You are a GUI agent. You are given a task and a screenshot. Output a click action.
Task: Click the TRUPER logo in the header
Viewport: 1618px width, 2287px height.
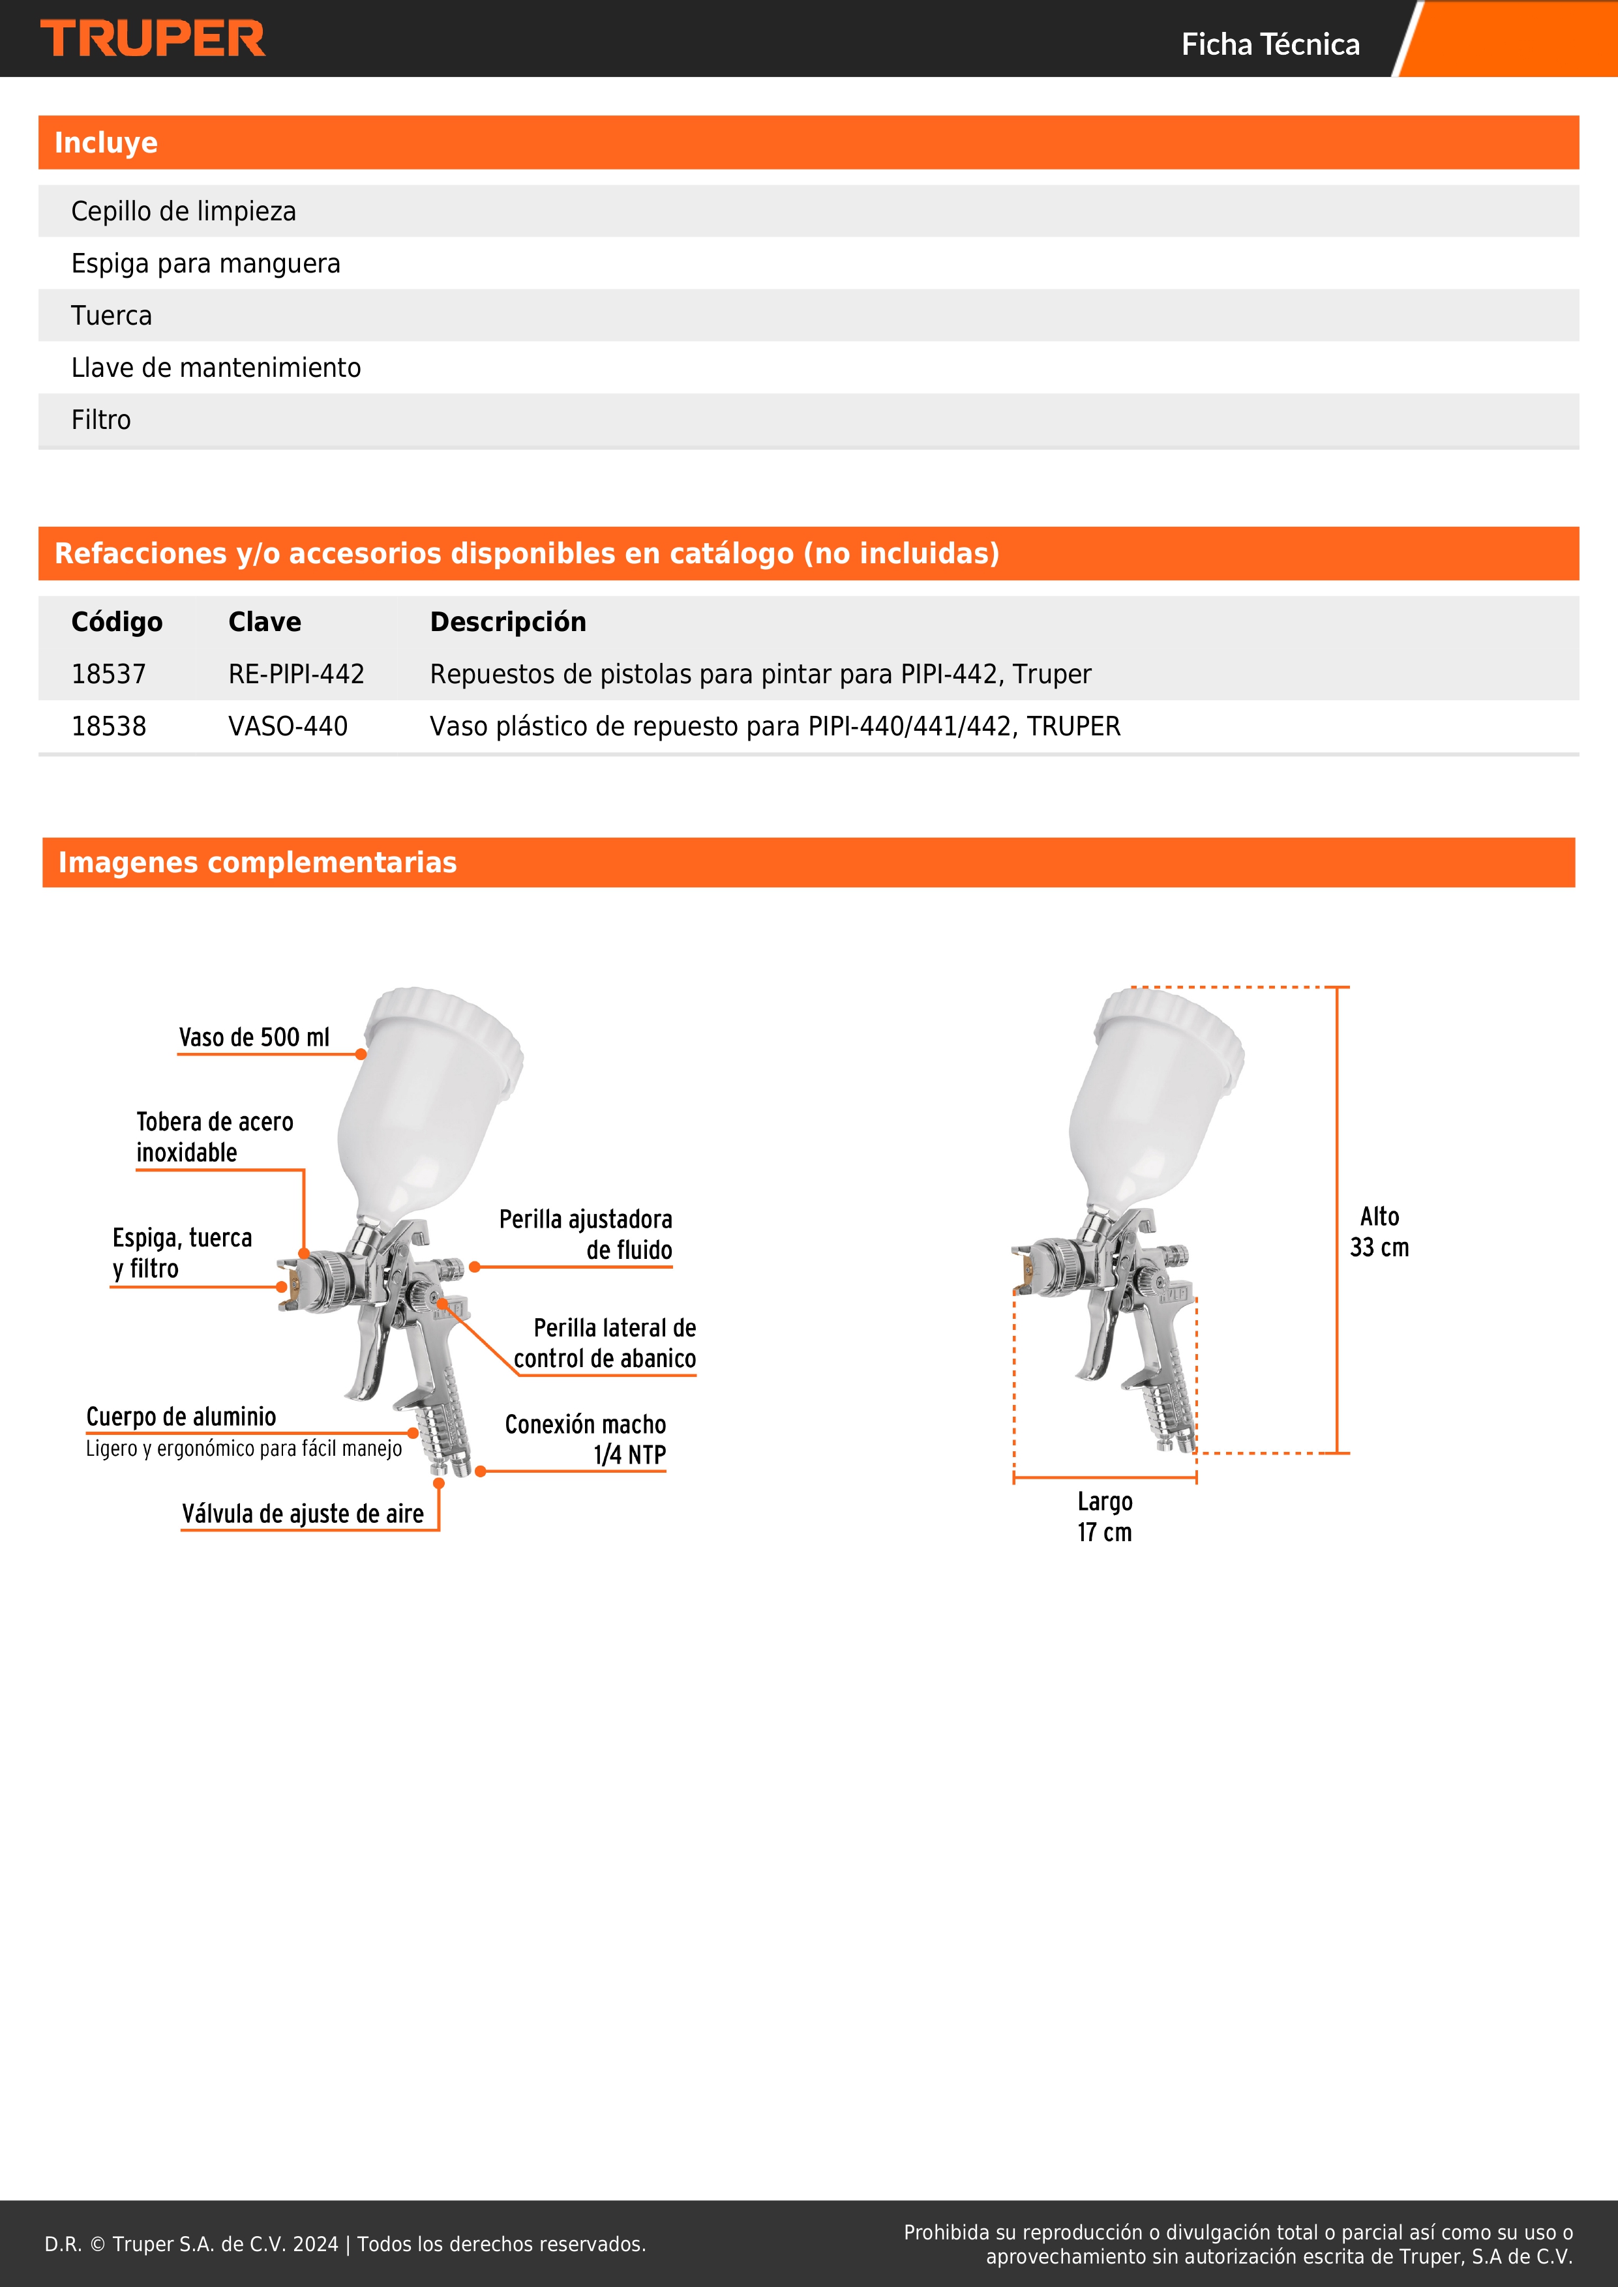click(153, 39)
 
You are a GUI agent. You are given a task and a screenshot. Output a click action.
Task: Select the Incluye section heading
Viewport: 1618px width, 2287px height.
click(106, 142)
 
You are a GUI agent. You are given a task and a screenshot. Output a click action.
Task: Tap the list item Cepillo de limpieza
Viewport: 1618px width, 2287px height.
click(183, 211)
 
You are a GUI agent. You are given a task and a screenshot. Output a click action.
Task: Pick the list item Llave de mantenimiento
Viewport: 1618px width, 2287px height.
click(215, 368)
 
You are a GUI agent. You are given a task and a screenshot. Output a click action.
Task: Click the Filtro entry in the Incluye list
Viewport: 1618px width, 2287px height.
click(100, 419)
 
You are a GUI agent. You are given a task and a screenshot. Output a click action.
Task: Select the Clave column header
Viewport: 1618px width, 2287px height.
click(264, 621)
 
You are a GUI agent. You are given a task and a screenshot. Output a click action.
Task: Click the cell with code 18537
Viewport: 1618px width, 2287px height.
click(109, 674)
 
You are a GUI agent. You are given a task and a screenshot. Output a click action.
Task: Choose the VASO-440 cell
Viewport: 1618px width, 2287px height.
click(288, 726)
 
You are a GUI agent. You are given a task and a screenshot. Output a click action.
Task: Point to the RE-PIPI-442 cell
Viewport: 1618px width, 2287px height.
click(296, 674)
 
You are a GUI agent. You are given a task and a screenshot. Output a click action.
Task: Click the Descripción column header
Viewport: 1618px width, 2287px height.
click(507, 621)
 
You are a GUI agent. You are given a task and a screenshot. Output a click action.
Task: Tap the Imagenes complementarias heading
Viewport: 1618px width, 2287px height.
click(257, 863)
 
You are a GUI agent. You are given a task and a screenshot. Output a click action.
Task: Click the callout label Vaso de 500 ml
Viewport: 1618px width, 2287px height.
click(254, 1037)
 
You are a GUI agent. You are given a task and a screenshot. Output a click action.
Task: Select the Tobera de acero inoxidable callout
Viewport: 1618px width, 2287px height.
click(214, 1136)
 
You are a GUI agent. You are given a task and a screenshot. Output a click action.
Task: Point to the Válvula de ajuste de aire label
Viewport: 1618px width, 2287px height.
click(303, 1514)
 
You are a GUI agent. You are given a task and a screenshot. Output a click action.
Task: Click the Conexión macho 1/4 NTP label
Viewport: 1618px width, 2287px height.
click(586, 1439)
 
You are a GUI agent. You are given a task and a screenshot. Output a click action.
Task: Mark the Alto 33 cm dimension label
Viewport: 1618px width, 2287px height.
click(1379, 1231)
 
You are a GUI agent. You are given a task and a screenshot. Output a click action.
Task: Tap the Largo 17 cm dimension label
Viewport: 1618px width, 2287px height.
click(1104, 1516)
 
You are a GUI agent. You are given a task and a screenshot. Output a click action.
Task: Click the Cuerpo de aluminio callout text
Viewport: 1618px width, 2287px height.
click(181, 1417)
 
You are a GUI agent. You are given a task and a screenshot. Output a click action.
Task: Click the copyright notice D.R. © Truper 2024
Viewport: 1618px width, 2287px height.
click(345, 2243)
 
